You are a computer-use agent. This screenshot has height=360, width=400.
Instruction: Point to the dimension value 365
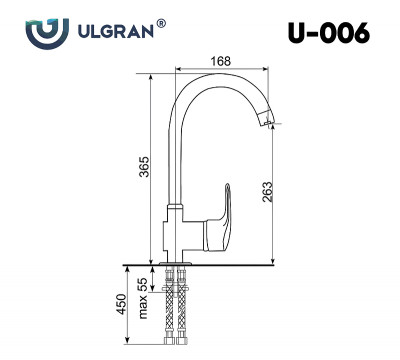pos(144,166)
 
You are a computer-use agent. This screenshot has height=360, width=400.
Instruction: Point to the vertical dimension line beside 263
pos(277,190)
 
